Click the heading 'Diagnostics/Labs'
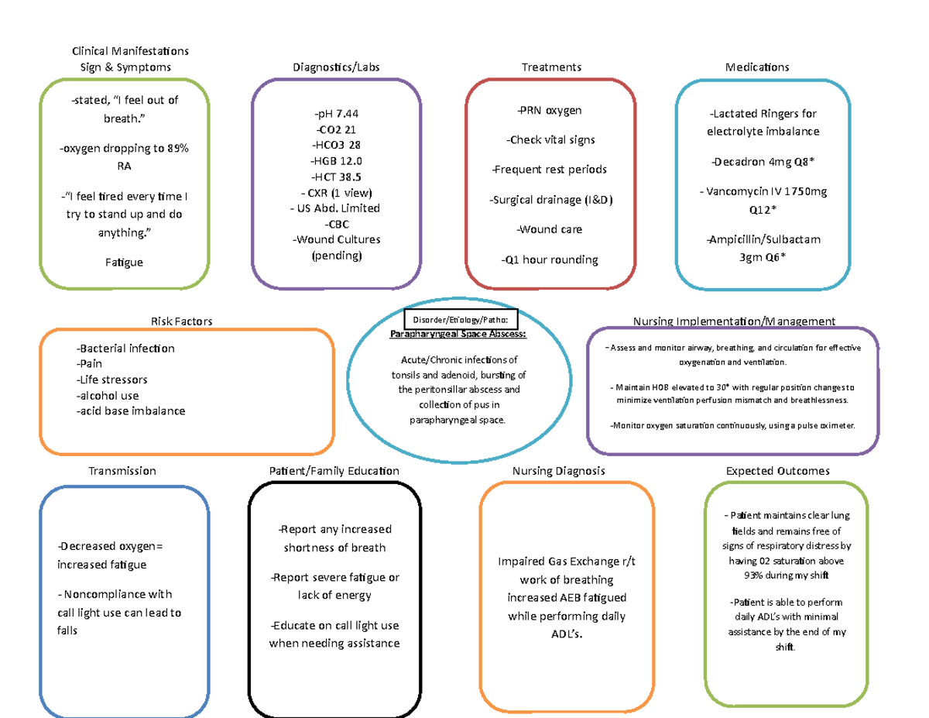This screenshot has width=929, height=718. pyautogui.click(x=336, y=67)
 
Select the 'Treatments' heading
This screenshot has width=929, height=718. pyautogui.click(x=551, y=67)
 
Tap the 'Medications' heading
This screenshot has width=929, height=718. pyautogui.click(x=757, y=67)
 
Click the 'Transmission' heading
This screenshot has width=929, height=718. pyautogui.click(x=122, y=471)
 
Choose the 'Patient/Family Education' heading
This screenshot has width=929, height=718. pyautogui.click(x=334, y=471)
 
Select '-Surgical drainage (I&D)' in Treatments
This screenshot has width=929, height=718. pyautogui.click(x=551, y=200)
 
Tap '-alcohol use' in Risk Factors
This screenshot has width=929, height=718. pyautogui.click(x=108, y=395)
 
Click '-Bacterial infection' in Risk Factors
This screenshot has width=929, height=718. pyautogui.click(x=125, y=348)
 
